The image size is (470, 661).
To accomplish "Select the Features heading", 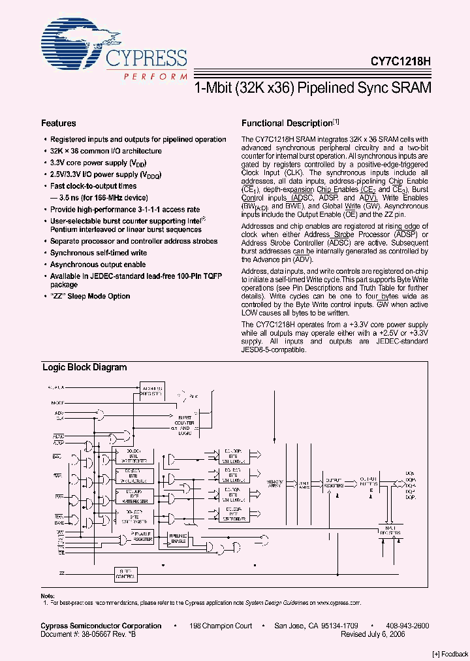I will [59, 123].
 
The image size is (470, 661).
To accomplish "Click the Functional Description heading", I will [287, 123].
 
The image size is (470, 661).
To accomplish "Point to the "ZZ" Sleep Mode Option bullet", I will [90, 296].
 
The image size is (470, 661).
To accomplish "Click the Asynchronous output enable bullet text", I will [98, 265].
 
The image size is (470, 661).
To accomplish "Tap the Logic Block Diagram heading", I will [85, 367].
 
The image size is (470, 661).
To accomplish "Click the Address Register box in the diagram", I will [152, 390].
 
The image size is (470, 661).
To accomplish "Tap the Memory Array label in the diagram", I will [274, 483].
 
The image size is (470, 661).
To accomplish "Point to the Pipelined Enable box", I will [178, 537].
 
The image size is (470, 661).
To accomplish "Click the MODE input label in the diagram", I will [58, 404].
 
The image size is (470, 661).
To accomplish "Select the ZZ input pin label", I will [62, 573].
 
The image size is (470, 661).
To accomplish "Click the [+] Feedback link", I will [450, 654].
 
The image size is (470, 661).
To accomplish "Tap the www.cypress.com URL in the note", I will [340, 604].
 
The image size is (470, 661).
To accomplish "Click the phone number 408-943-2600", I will [406, 626].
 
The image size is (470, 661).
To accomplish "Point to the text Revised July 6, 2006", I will [392, 634].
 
